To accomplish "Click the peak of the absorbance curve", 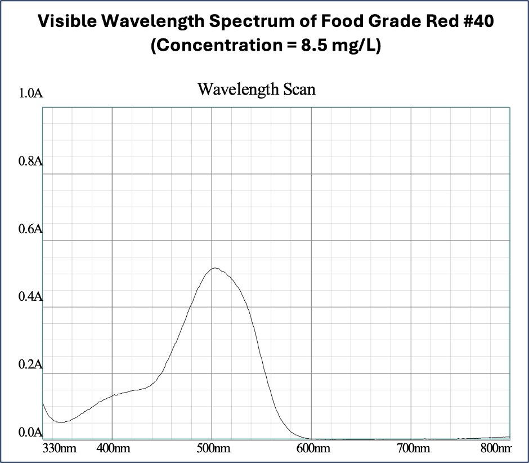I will point(214,268).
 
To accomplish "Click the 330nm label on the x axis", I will point(60,449).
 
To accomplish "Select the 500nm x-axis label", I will point(212,449).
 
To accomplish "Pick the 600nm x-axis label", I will point(312,449).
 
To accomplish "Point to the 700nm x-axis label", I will point(412,449).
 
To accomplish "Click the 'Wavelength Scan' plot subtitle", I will point(257,89).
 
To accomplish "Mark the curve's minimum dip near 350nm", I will point(61,422).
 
